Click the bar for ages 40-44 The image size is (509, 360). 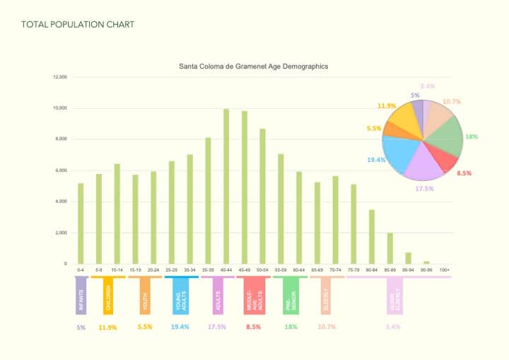226,187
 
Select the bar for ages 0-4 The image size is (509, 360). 81,223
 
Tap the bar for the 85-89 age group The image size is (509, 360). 390,248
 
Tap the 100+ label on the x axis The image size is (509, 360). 444,270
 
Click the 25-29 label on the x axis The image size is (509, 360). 172,270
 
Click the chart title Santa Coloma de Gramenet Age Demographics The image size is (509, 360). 253,66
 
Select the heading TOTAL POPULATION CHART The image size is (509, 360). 78,25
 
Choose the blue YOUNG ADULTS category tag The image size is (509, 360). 180,296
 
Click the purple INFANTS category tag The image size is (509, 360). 81,296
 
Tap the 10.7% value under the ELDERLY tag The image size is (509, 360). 327,327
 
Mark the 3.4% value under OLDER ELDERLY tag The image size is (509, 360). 394,327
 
